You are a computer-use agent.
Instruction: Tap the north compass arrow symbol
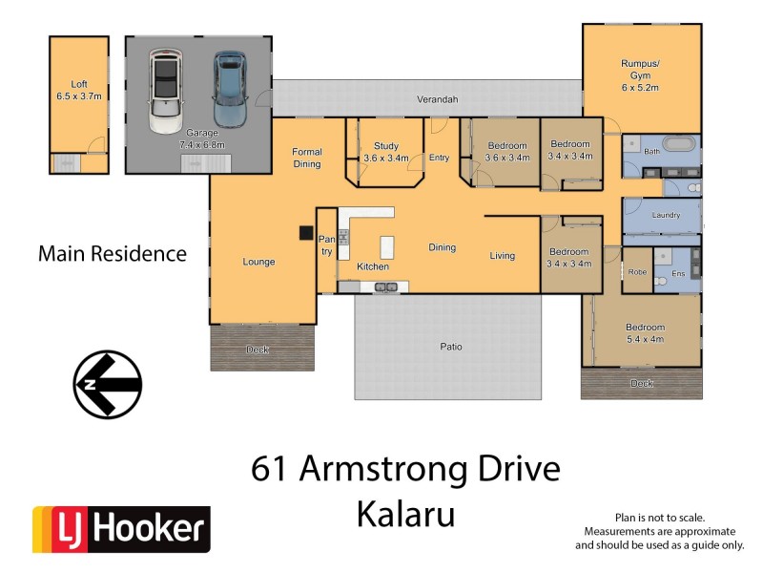[108, 385]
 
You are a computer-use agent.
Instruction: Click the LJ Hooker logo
[121, 529]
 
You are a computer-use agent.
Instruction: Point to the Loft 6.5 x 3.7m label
[78, 92]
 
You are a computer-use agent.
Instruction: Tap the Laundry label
[665, 215]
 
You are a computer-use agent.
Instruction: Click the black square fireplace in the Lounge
[305, 232]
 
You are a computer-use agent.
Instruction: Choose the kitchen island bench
[387, 248]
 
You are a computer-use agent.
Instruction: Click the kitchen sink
[385, 286]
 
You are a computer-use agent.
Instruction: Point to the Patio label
[450, 347]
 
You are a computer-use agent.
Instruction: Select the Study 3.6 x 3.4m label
[384, 153]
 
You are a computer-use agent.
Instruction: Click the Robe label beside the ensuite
[637, 272]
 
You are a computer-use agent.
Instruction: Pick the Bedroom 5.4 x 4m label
[644, 333]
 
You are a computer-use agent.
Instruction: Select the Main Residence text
[112, 254]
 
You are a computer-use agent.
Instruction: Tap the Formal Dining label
[307, 158]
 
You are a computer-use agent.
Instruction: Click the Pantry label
[326, 245]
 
